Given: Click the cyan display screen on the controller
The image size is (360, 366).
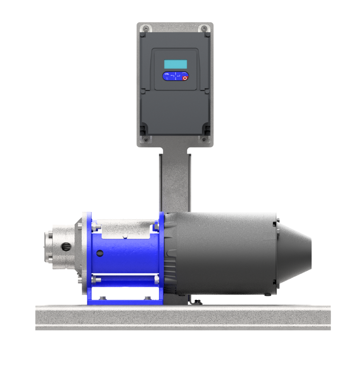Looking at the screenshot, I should click(175, 64).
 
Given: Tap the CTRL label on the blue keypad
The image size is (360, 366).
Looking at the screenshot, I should click(167, 74).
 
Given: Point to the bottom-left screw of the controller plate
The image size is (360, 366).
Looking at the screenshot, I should click(146, 138).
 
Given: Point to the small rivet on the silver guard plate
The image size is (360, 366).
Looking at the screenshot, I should click(126, 237).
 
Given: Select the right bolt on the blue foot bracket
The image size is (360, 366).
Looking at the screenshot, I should click(147, 298).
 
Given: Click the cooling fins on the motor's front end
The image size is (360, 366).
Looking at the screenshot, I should click(171, 270).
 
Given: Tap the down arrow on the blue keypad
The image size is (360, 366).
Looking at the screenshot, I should click(175, 79).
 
